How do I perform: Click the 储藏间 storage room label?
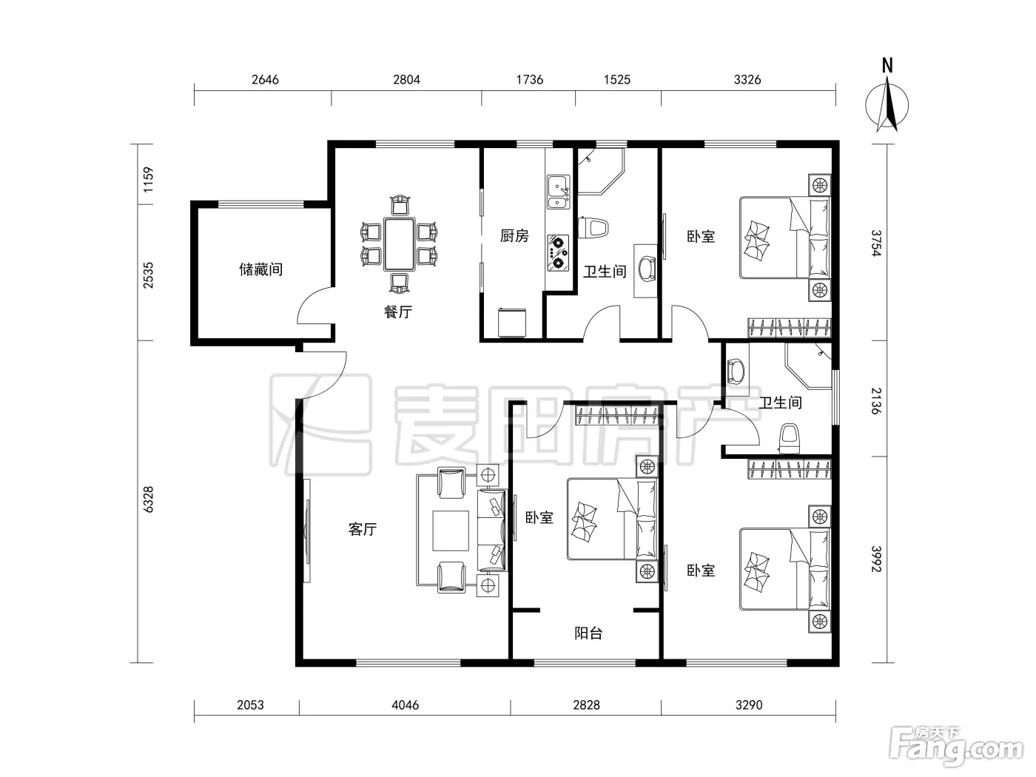coord(261,269)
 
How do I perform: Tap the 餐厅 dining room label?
coord(398,312)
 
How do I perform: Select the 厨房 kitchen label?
coord(514,235)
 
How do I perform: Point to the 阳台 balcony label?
coord(588,633)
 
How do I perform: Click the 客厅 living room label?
coord(363,529)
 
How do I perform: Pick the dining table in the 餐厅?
coord(400,243)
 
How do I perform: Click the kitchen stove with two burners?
coord(558,253)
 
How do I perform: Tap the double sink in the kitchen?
coord(559,192)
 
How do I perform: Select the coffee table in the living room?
coord(451,531)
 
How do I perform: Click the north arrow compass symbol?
coord(887,105)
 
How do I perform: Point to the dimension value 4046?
coord(406,704)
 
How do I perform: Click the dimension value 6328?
coord(148,499)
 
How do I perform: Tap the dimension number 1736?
coord(530,79)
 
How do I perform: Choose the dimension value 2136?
coord(876,400)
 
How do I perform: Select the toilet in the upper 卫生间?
coord(593,228)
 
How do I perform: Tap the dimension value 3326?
coord(747,79)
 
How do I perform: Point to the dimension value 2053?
coord(250,704)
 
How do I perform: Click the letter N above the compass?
coord(887,66)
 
